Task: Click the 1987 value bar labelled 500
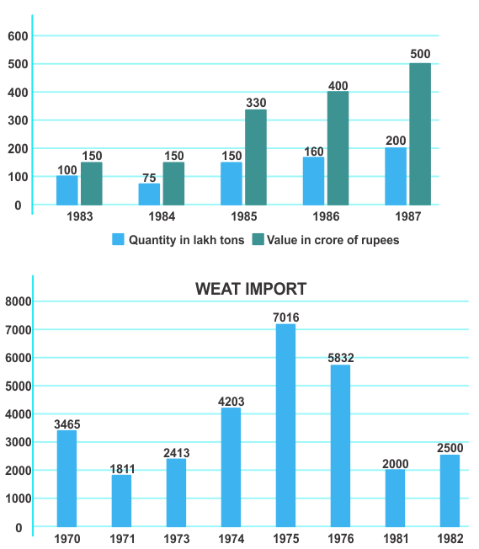pos(420,134)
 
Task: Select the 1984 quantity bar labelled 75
pos(149,195)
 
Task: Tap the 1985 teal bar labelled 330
pos(256,157)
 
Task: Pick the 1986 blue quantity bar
pos(313,181)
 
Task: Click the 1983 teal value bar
pos(92,184)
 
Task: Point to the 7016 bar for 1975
pos(285,425)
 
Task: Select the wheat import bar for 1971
pos(121,501)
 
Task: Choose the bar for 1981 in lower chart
pos(395,498)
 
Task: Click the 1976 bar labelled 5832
pos(340,446)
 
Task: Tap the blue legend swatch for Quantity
pos(119,239)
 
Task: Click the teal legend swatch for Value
pos(258,239)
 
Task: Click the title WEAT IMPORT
pos(251,289)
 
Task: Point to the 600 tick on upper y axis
pos(18,36)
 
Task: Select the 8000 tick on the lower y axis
pos(19,301)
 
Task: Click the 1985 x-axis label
pos(243,216)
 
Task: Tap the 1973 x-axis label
pos(177,539)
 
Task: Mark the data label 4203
pos(232,402)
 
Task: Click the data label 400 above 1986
pos(338,86)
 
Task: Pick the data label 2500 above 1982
pos(450,448)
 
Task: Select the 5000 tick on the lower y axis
pos(19,386)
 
